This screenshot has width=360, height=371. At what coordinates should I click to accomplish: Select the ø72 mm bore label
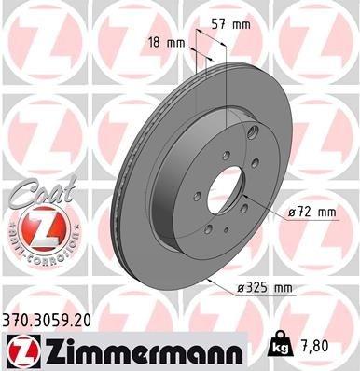click(312, 213)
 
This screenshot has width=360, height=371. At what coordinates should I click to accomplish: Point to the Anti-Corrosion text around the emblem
click(33, 253)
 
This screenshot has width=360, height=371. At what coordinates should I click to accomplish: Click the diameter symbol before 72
click(293, 213)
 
